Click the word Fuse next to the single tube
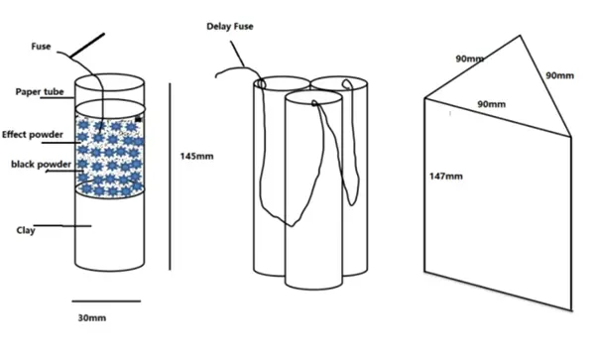(41, 47)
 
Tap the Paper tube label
(40, 92)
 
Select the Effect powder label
(33, 135)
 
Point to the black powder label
(41, 165)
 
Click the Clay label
(26, 230)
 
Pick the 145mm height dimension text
(196, 156)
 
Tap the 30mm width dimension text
(92, 318)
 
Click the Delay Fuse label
(230, 26)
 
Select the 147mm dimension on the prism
(446, 176)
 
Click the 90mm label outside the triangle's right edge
(559, 75)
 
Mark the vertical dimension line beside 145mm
(170, 177)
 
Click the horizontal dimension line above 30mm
(106, 301)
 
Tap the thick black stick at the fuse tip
(87, 46)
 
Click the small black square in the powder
(138, 119)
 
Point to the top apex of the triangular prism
(520, 36)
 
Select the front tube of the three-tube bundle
(313, 189)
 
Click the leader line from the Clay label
(62, 226)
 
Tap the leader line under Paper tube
(57, 98)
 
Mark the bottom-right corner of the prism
(571, 310)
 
